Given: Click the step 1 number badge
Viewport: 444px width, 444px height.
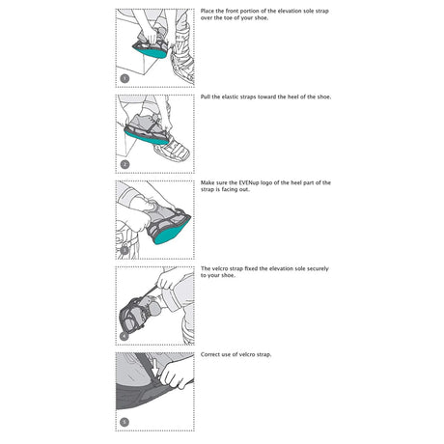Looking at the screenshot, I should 124,78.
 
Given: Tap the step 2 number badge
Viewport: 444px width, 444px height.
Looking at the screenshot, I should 124,164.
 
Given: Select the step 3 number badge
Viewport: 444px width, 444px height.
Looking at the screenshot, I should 124,249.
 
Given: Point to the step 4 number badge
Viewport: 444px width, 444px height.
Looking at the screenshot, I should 124,335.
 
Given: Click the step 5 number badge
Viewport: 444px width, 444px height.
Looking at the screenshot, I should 124,421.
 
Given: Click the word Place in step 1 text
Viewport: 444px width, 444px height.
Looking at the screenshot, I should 208,12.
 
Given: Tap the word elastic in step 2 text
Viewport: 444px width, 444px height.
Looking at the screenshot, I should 236,97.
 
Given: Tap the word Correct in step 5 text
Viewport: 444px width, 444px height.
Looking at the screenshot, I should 211,354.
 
